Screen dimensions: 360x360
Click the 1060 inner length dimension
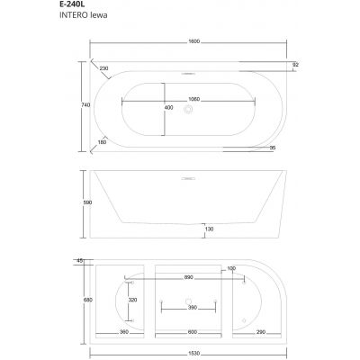[x=188, y=100]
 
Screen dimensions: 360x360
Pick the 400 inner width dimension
[x=168, y=107]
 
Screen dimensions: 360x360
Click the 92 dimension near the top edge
[x=296, y=65]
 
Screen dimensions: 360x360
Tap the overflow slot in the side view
[x=188, y=178]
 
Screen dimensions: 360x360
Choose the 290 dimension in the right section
[x=259, y=332]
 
